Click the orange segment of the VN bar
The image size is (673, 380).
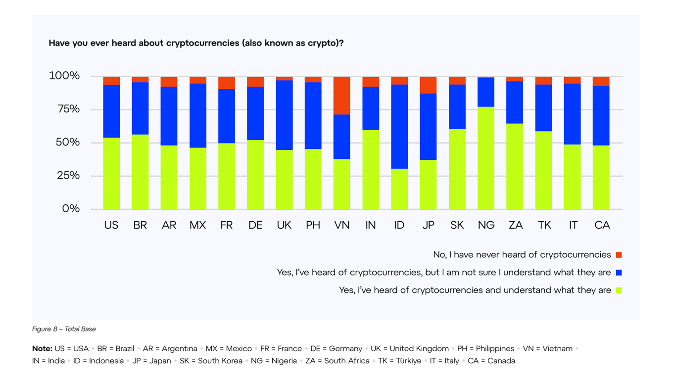pos(342,95)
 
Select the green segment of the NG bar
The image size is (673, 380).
pos(486,158)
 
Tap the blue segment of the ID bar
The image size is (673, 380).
pos(399,127)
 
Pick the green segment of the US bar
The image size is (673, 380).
pos(111,173)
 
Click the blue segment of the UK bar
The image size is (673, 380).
pos(284,115)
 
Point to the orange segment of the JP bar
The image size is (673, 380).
pos(428,85)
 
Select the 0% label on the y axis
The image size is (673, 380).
pos(71,209)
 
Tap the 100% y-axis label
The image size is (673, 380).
pos(64,76)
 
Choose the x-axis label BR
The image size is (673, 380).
pos(140,225)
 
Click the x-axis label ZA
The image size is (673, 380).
pos(515,225)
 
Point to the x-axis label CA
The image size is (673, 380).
pos(602,225)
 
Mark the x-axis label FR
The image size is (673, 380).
pos(226,225)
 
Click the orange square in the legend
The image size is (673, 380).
pos(619,255)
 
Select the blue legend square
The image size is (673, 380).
pos(619,273)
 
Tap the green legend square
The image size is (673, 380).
pos(619,290)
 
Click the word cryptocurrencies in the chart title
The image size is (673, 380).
pos(202,43)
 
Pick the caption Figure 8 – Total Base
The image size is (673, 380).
pos(64,329)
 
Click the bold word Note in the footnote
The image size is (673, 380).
pos(42,349)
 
